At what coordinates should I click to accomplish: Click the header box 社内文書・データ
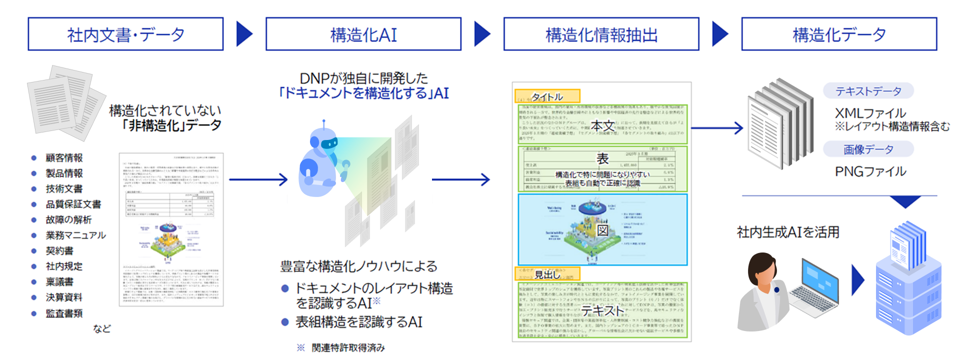click(x=125, y=34)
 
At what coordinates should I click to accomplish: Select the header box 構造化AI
click(x=363, y=34)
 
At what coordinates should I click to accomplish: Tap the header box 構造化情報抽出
click(x=601, y=34)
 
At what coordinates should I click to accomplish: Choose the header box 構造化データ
click(x=839, y=34)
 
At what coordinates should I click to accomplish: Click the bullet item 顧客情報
click(x=64, y=158)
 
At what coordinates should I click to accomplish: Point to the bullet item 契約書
click(x=59, y=251)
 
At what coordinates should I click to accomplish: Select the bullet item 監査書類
click(x=64, y=313)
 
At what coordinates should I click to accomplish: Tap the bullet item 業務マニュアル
click(x=75, y=235)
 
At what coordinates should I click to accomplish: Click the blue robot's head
click(x=323, y=141)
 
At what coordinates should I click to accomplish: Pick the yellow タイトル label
click(x=547, y=96)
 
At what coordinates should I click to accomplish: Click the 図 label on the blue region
click(x=603, y=230)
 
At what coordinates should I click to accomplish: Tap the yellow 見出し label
click(x=547, y=274)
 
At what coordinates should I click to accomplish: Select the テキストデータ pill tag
click(x=868, y=91)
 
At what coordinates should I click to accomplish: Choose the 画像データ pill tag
click(x=868, y=149)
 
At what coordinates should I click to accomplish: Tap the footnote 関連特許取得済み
click(x=348, y=347)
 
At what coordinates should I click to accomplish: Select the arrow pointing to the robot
click(x=258, y=179)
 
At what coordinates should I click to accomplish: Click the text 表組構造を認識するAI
click(x=358, y=322)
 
